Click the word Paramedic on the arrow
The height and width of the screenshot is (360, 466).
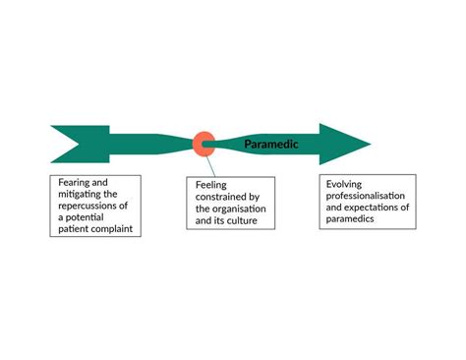tap(271, 145)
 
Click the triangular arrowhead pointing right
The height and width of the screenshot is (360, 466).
tap(345, 144)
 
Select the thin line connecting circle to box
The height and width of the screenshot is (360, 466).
tap(210, 166)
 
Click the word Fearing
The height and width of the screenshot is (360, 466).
tap(73, 183)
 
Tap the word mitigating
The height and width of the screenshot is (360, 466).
tap(76, 195)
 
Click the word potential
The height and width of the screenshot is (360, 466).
tap(85, 217)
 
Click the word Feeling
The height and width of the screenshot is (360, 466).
tap(211, 185)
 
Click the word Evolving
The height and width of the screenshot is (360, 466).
tap(344, 184)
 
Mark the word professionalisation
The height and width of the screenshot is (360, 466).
tap(366, 196)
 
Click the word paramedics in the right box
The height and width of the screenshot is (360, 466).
tap(350, 218)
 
